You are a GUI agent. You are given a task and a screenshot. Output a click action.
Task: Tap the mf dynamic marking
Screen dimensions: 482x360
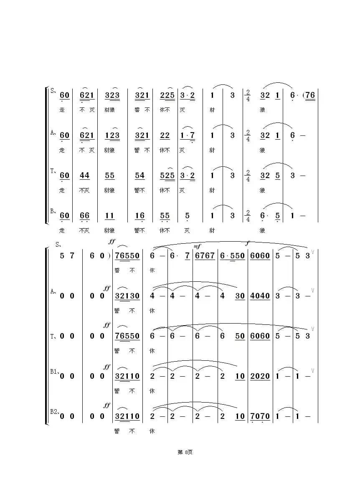coord(197,246)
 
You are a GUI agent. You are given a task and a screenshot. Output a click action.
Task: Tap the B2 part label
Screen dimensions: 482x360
coord(54,412)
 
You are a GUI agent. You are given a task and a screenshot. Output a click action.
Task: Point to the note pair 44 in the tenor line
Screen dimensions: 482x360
coord(84,176)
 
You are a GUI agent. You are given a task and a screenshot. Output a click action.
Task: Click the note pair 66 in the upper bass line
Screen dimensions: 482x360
coord(84,216)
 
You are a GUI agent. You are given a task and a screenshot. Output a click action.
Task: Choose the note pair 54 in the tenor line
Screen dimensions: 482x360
coord(140,176)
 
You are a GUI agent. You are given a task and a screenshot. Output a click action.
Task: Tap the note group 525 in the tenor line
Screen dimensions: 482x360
coord(167,176)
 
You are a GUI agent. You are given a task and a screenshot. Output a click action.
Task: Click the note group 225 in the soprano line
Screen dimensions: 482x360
coord(167,95)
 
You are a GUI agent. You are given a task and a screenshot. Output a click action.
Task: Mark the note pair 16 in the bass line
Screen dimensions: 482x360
coord(140,216)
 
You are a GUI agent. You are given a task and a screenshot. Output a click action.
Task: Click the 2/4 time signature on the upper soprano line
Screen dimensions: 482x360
coord(248,95)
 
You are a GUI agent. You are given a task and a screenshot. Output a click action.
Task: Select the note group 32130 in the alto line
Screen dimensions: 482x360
coord(127,296)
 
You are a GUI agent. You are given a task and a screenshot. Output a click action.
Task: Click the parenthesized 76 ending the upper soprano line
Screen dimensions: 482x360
coord(309,95)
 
